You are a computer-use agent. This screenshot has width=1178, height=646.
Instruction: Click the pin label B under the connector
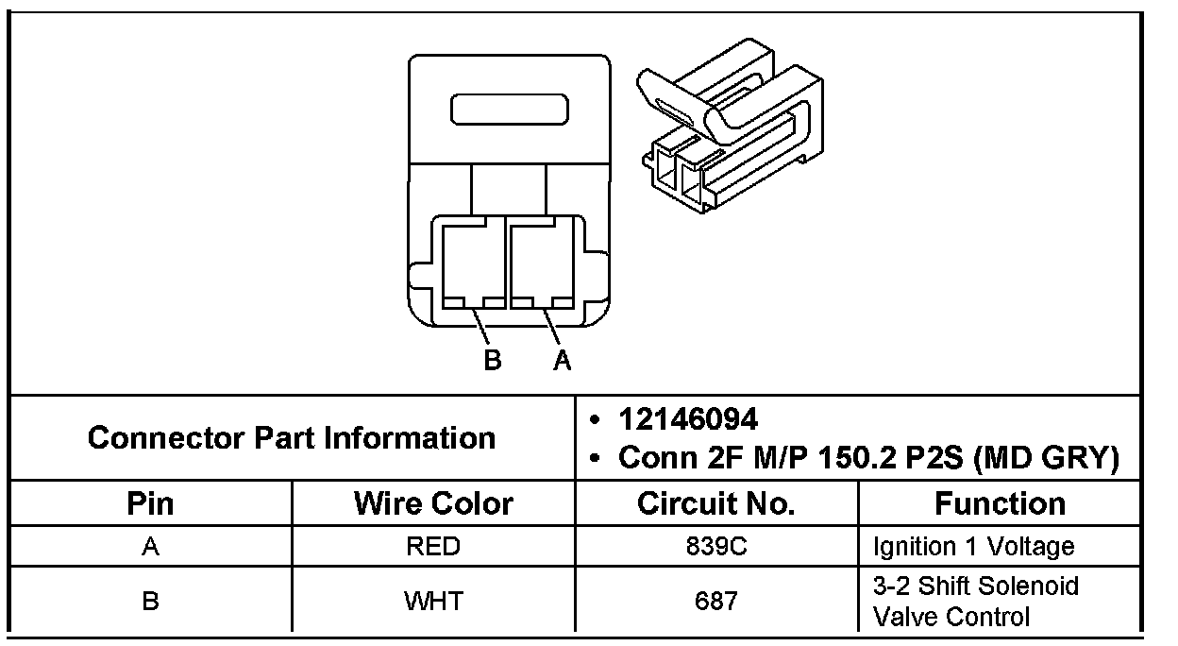tap(492, 361)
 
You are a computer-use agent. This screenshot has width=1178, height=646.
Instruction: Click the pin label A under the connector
tap(563, 361)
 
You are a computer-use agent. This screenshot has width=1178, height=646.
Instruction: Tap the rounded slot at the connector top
tap(510, 110)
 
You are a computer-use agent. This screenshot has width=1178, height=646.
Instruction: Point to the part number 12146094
tap(688, 418)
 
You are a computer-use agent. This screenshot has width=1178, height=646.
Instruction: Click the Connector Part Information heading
tap(292, 437)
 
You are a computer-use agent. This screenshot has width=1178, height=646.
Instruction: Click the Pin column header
tap(150, 503)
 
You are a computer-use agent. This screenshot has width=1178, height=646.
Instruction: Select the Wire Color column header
tap(433, 503)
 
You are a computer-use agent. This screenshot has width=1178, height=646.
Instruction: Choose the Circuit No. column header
tap(716, 503)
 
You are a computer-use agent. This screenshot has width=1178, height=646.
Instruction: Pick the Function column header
tap(1000, 503)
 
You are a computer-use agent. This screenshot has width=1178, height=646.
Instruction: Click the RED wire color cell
tap(433, 547)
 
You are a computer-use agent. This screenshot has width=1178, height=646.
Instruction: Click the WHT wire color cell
tap(433, 601)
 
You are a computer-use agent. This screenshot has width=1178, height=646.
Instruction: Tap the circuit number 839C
tap(716, 547)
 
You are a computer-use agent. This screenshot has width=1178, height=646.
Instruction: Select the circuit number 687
tap(716, 601)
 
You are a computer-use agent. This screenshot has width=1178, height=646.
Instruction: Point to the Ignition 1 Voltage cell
tap(973, 547)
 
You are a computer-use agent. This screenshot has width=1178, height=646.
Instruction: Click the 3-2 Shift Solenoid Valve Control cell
tap(975, 602)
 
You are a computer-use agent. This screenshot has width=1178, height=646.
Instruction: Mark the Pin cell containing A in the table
tap(150, 547)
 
